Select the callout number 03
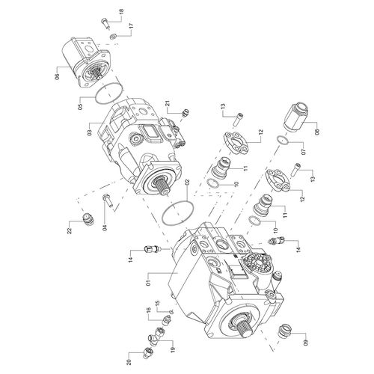click(x=89, y=132)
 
